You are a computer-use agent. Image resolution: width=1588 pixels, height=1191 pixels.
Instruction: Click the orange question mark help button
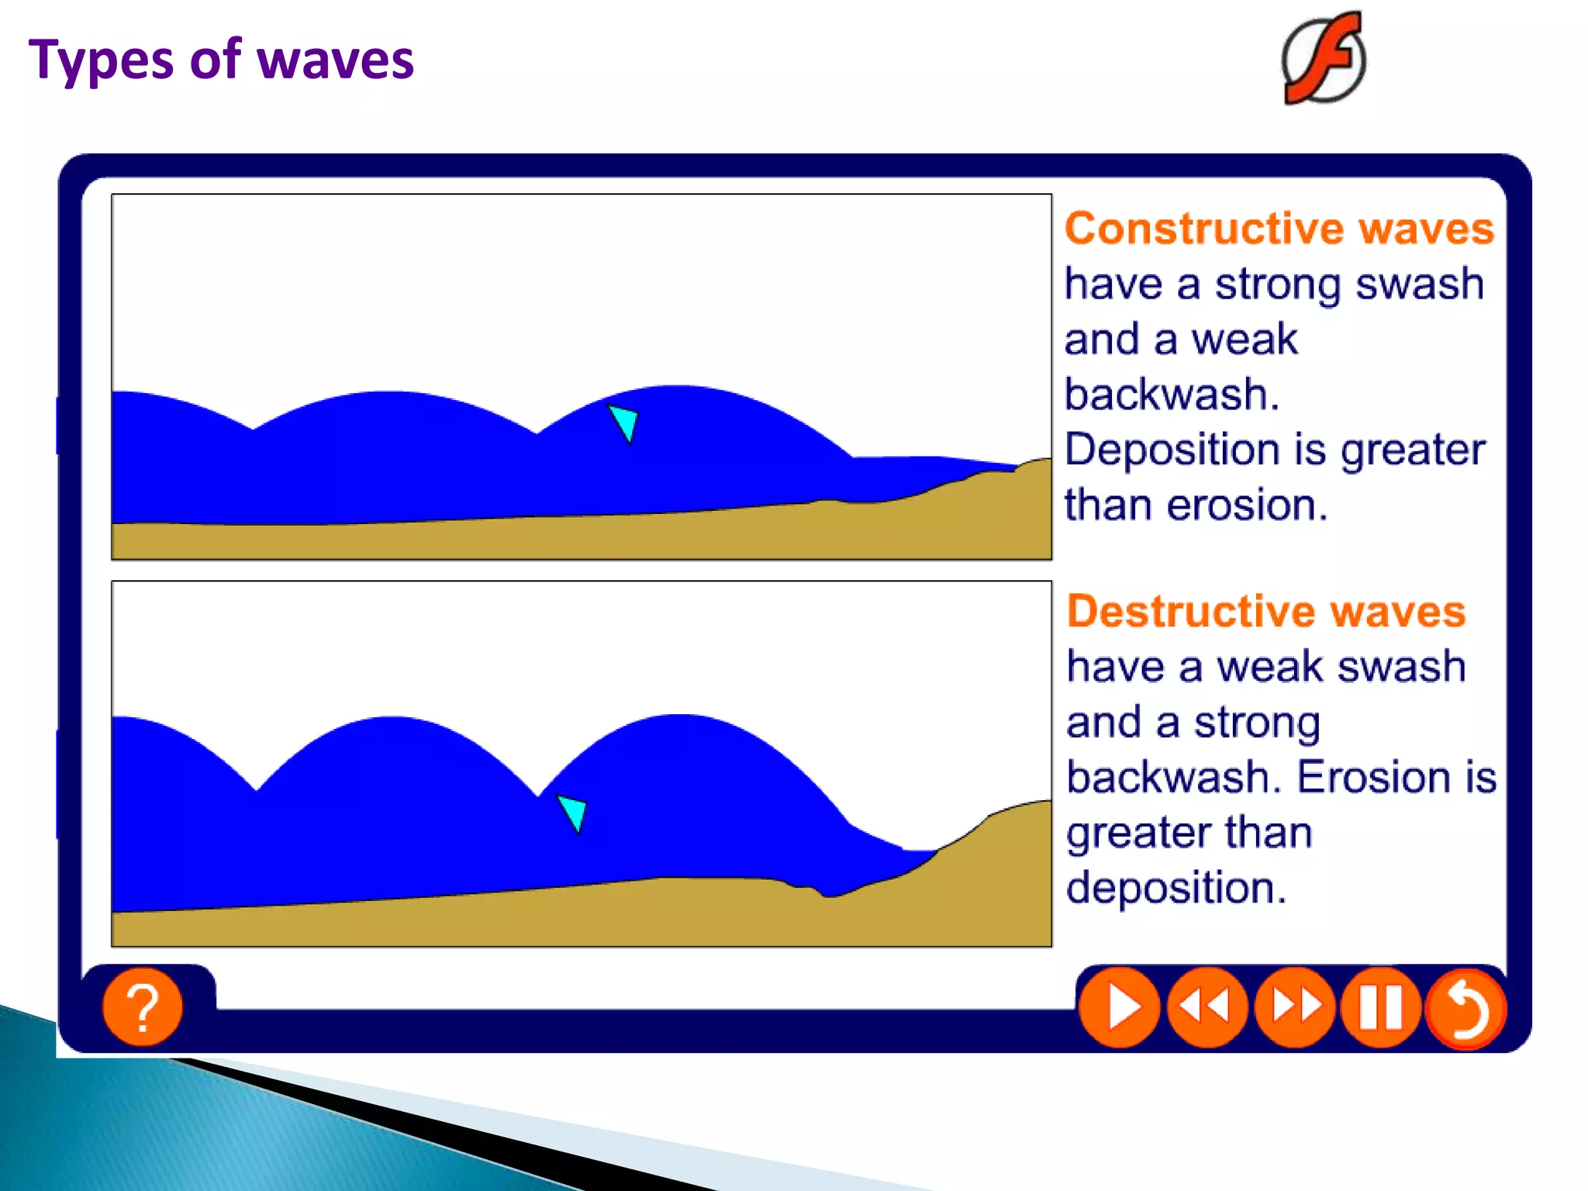click(143, 1006)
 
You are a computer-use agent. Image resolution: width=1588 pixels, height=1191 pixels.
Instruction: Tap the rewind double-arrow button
click(1206, 1006)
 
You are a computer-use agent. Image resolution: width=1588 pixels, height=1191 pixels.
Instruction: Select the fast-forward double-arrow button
click(1294, 1006)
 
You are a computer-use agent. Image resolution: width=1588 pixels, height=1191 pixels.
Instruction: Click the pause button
click(1380, 1006)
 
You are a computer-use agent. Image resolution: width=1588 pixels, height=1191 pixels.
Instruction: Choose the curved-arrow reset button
click(1466, 1008)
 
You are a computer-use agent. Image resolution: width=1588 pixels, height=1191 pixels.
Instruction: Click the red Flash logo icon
click(1324, 59)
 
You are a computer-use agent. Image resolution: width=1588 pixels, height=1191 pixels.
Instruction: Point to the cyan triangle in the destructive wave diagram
click(573, 812)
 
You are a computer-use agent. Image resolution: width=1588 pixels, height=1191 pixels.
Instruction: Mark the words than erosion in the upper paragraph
click(1195, 505)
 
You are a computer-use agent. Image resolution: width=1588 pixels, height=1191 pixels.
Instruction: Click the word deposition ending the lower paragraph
click(1175, 888)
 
